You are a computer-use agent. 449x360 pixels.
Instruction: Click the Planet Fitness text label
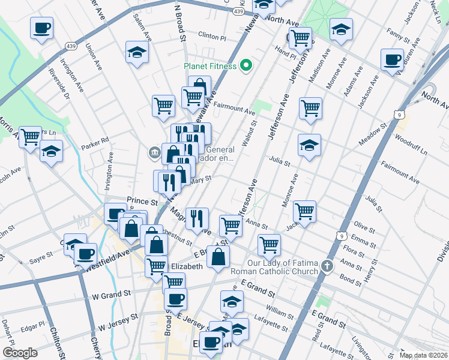[x=210, y=66]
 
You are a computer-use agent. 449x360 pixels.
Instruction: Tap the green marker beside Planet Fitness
[x=246, y=65]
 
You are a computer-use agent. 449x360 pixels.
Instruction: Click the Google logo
[x=20, y=352]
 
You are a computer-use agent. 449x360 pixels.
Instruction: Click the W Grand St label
[x=111, y=295]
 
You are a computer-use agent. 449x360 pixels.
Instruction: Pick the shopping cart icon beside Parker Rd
[x=29, y=136]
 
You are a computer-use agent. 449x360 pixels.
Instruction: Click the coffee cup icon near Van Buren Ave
[x=392, y=59]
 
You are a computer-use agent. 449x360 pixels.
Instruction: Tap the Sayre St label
[x=41, y=262]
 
